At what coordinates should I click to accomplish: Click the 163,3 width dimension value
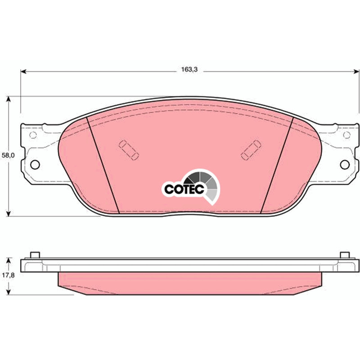tap(189, 69)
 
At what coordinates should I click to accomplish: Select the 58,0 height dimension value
tap(8, 155)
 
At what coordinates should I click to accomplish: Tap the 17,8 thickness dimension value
tap(8, 275)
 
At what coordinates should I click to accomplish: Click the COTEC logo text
tap(184, 189)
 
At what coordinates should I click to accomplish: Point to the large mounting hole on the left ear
tap(35, 165)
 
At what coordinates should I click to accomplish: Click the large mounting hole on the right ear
tap(345, 165)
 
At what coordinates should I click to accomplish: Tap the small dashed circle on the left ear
tap(33, 135)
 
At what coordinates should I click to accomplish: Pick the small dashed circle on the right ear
tap(346, 135)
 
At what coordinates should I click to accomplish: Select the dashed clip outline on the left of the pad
tap(129, 150)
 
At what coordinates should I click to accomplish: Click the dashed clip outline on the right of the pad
tap(251, 150)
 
